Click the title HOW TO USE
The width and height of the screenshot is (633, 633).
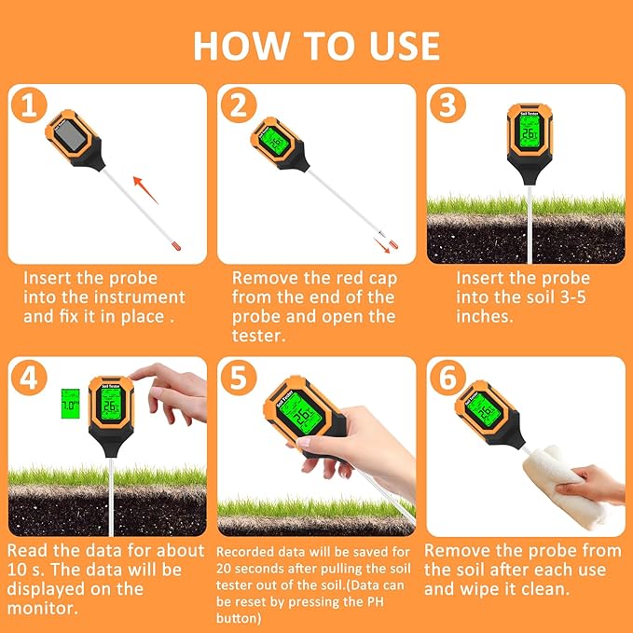(316, 45)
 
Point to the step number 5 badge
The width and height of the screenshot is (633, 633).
(238, 379)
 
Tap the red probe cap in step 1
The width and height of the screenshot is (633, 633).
(174, 244)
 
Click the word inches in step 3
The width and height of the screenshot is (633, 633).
(484, 317)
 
